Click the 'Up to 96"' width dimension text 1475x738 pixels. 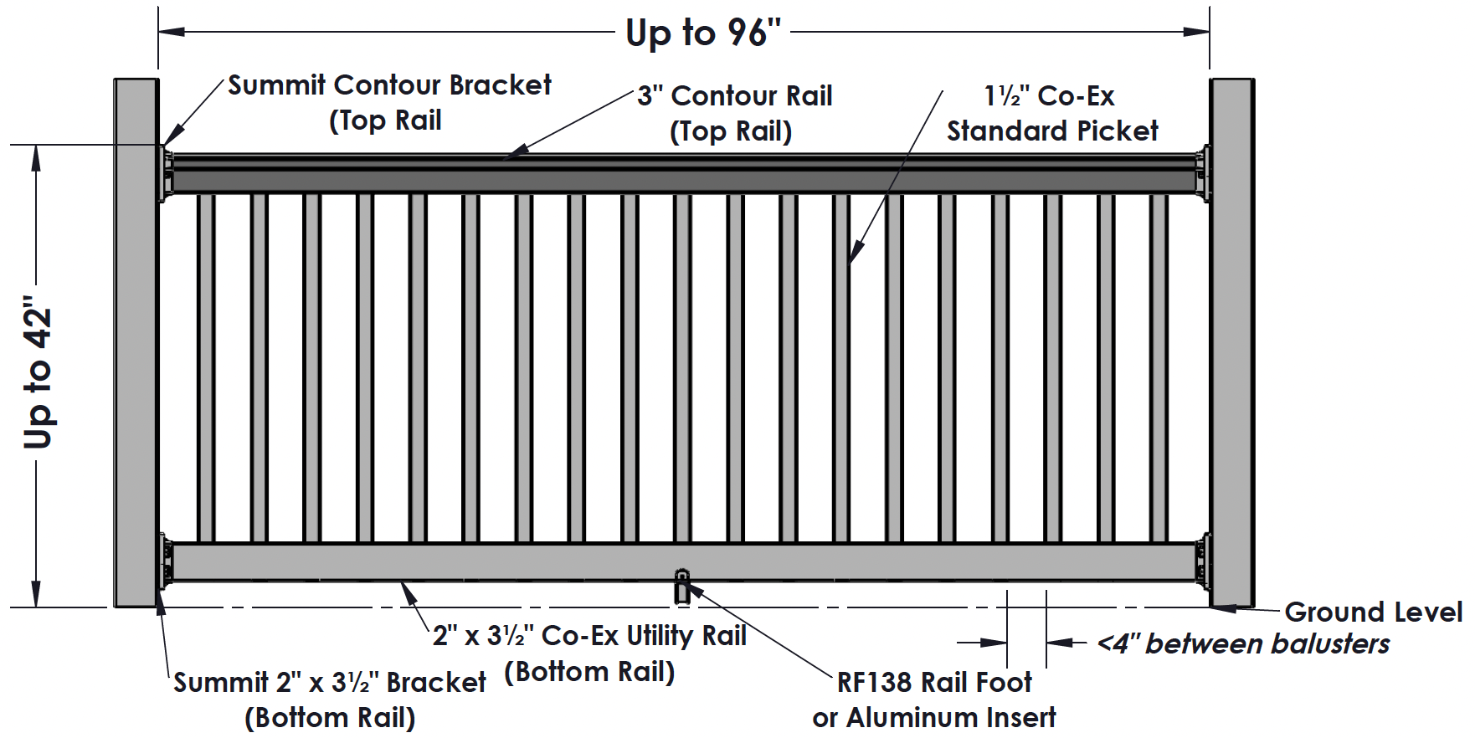[702, 33]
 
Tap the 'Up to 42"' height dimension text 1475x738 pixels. [39, 372]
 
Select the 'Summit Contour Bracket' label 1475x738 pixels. [389, 85]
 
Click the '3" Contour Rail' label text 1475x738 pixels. [734, 96]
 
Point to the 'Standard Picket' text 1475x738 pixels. [1051, 131]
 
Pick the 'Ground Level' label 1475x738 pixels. [1373, 612]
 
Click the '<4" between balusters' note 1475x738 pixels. [1243, 643]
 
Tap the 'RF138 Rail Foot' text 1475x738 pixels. [934, 683]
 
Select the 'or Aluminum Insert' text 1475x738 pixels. [933, 718]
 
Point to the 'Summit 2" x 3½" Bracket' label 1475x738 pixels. [329, 683]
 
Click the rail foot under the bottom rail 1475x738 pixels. [682, 587]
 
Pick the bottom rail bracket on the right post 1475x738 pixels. [1203, 561]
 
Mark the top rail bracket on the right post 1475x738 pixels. [1203, 174]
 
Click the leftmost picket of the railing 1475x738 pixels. [206, 368]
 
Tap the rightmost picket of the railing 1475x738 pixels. [1159, 368]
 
